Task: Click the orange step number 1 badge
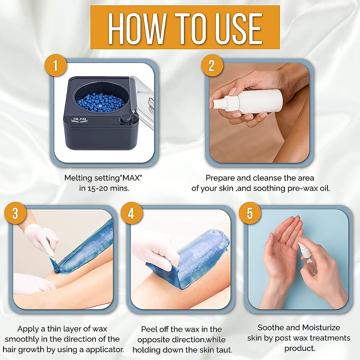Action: [x=55, y=65]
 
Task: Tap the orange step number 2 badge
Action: [x=212, y=65]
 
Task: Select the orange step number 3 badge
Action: [x=15, y=213]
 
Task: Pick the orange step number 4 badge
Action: [x=131, y=213]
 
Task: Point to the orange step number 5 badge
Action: [x=250, y=213]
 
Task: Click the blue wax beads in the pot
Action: [x=101, y=103]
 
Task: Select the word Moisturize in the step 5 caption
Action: [x=321, y=328]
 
